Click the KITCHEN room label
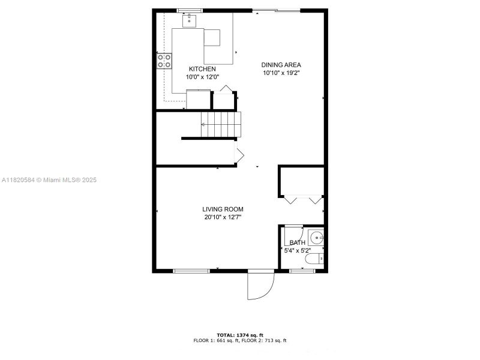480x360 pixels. tap(202, 69)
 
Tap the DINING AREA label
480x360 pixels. tap(281, 65)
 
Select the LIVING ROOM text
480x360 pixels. tap(223, 209)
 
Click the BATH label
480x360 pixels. tap(297, 243)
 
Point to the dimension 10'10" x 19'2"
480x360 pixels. tap(281, 73)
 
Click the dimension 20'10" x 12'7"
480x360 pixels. tap(223, 217)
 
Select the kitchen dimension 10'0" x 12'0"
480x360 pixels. tap(202, 77)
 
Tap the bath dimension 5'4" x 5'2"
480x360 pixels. tap(297, 250)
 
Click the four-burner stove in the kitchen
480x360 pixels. tap(164, 61)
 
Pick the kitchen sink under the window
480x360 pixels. tap(190, 20)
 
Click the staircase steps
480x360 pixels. tap(220, 124)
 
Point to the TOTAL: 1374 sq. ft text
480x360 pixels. tap(240, 335)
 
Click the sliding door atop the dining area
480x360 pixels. tap(276, 10)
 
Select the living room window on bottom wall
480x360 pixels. tap(191, 271)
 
